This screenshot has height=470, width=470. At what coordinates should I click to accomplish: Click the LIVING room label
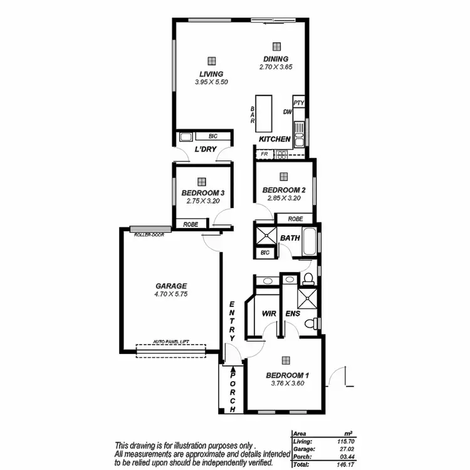point(211,74)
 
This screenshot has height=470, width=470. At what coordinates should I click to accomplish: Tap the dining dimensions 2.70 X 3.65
point(276,66)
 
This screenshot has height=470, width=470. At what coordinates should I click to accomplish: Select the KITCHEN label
point(274,139)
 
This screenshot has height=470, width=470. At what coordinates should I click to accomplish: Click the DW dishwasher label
point(288,113)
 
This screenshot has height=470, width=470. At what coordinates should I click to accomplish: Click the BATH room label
point(290,238)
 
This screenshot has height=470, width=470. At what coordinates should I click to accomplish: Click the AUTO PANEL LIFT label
point(171,342)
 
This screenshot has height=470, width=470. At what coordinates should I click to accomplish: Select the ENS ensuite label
point(292,313)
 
